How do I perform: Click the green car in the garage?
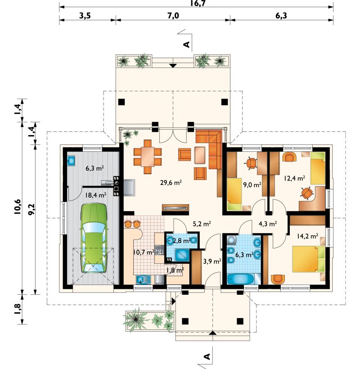pyautogui.click(x=94, y=238)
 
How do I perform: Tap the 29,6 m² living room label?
pyautogui.click(x=171, y=182)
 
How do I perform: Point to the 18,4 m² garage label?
pyautogui.click(x=95, y=195)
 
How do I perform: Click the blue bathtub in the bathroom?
pyautogui.click(x=240, y=279)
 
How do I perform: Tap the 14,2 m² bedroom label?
pyautogui.click(x=307, y=236)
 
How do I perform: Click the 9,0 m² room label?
pyautogui.click(x=252, y=185)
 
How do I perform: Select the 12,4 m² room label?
pyautogui.click(x=294, y=178)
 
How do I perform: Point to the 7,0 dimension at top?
pyautogui.click(x=173, y=16)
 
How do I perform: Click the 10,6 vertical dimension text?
pyautogui.click(x=18, y=207)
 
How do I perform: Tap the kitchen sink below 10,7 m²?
pyautogui.click(x=143, y=280)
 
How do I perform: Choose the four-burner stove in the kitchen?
pyautogui.click(x=159, y=250)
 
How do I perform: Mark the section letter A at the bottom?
pyautogui.click(x=207, y=356)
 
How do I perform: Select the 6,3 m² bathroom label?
pyautogui.click(x=244, y=254)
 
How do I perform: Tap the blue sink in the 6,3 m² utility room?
pyautogui.click(x=71, y=161)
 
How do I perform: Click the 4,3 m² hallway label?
pyautogui.click(x=268, y=224)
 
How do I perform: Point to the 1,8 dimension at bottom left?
pyautogui.click(x=18, y=309)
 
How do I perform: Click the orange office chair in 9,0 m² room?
pyautogui.click(x=251, y=163)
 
